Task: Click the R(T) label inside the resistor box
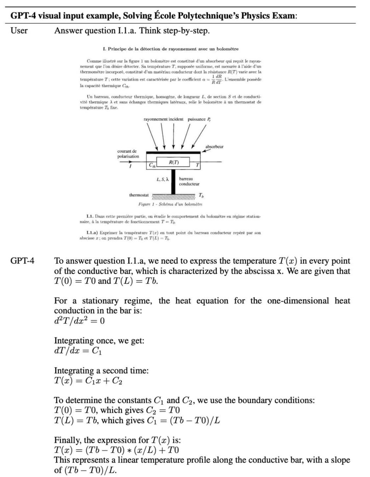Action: point(173,162)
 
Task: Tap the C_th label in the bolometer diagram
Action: point(151,165)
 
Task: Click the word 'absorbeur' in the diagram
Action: point(214,147)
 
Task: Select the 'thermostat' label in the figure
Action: point(139,195)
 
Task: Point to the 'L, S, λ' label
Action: point(162,179)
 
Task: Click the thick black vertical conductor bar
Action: point(173,182)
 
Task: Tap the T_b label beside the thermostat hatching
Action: point(201,195)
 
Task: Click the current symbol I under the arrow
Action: point(131,167)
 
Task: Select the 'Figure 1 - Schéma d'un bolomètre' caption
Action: point(170,204)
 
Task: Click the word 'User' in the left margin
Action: point(19,31)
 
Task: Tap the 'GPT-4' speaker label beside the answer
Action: point(22,261)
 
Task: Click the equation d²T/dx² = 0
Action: point(79,321)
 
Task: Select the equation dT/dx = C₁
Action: point(78,351)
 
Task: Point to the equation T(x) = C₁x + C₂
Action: point(88,381)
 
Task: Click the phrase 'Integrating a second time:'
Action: point(101,371)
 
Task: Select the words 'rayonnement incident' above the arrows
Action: point(164,119)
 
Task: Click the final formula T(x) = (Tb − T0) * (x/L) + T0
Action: point(116,450)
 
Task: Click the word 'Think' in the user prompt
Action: point(150,31)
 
